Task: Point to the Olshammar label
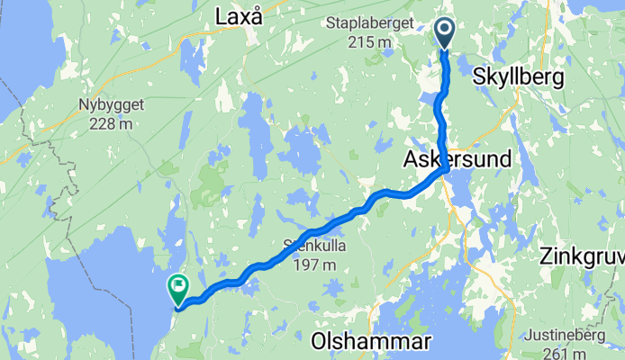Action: point(371,341)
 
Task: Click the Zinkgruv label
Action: point(582,256)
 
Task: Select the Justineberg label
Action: point(568,337)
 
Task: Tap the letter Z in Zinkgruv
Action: point(546,256)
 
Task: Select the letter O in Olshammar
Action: point(319,341)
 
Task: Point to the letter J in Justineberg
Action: point(530,337)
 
